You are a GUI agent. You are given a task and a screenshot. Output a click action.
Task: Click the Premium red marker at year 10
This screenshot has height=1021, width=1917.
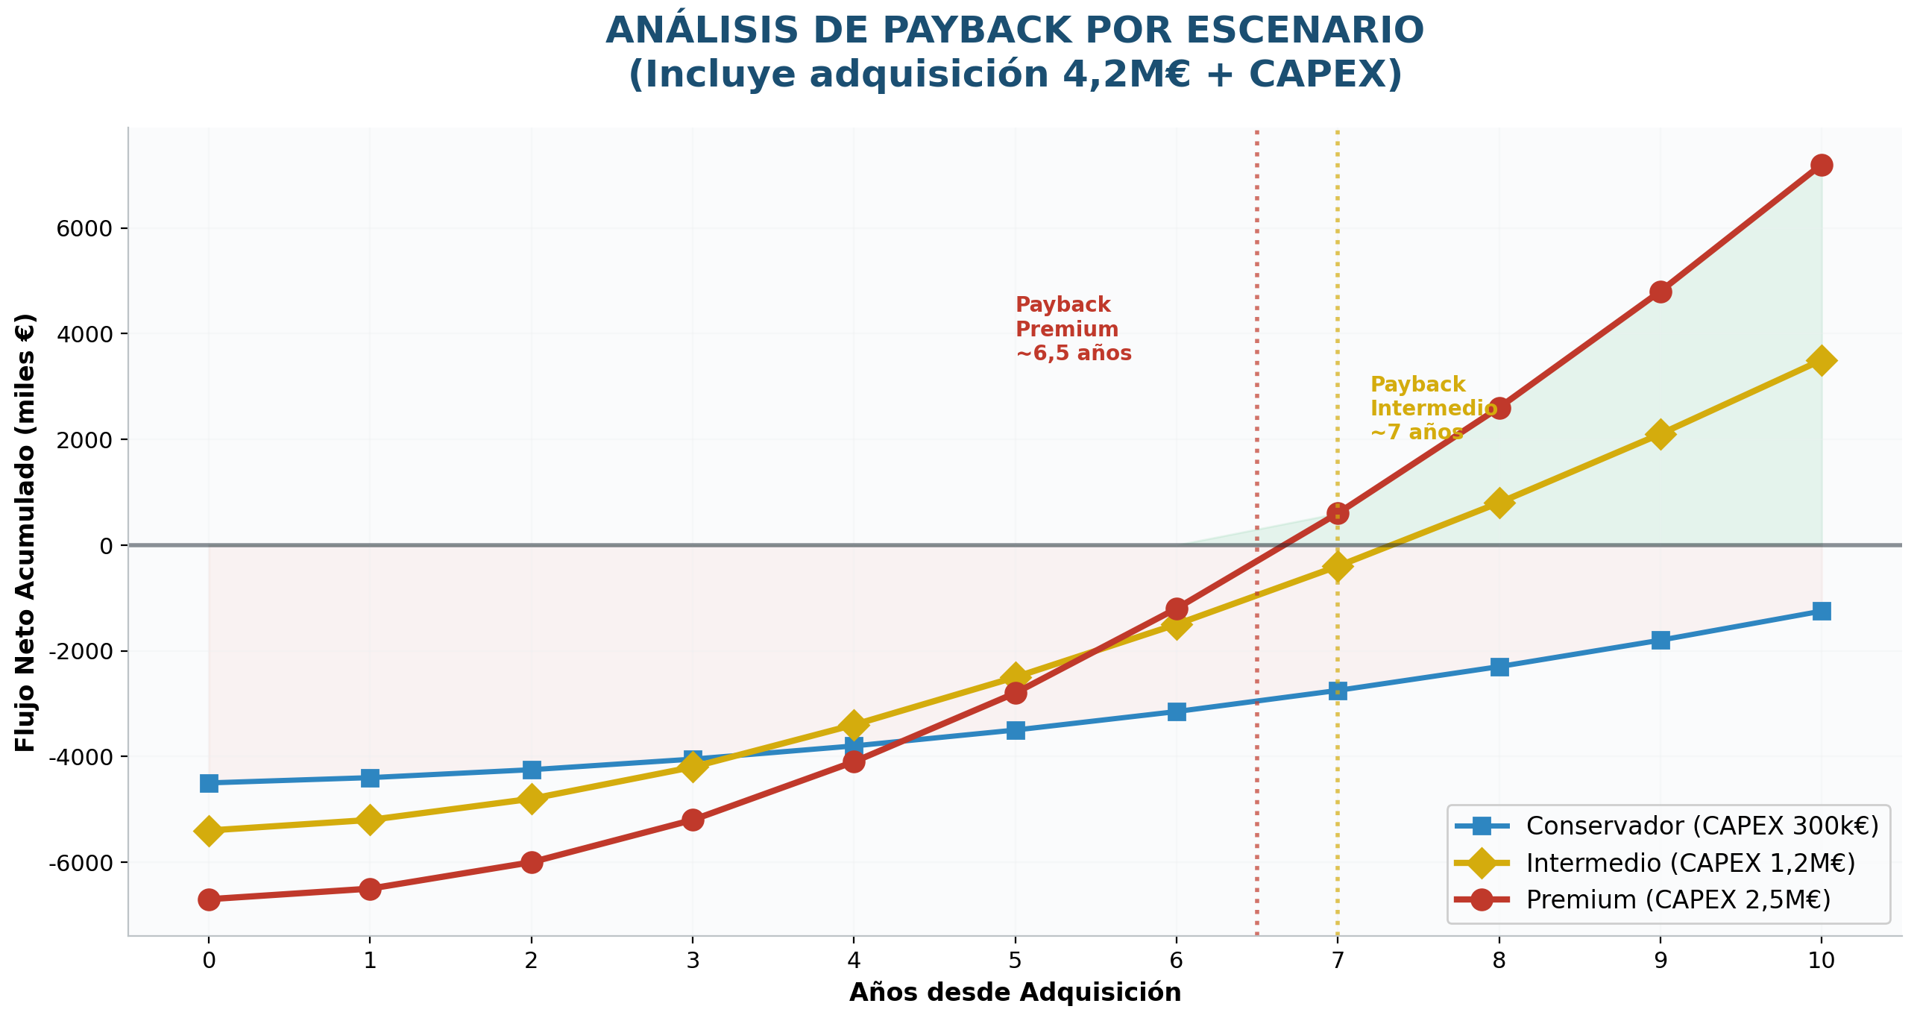1821,165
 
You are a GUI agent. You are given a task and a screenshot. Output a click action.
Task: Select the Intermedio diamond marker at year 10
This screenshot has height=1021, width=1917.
1821,361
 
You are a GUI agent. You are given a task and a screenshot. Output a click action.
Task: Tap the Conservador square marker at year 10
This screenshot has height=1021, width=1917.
1821,612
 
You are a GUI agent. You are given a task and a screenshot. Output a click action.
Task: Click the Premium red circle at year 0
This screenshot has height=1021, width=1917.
209,899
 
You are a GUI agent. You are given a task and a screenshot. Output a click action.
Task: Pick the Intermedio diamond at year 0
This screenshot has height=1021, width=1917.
209,831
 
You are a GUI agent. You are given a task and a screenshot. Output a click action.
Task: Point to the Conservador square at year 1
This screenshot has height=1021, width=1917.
370,778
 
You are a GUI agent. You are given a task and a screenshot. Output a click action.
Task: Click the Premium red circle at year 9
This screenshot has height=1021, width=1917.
1660,292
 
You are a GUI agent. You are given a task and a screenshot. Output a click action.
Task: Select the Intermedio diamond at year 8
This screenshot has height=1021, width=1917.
1499,503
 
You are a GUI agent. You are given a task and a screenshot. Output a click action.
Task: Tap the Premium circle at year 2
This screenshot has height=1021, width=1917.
531,862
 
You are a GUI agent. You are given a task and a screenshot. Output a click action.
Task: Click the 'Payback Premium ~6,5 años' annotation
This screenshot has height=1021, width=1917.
1072,329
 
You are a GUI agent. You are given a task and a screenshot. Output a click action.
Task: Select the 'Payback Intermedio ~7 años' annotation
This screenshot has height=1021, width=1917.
1432,408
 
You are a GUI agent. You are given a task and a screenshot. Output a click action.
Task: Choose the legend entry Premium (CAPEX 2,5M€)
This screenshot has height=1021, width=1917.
1678,899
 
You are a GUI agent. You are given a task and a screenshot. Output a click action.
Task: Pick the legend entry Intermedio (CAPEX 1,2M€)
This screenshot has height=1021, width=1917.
1690,863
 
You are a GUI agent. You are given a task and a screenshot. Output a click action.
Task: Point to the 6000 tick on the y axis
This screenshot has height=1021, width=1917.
84,228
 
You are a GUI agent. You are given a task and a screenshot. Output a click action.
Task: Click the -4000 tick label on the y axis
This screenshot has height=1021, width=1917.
79,757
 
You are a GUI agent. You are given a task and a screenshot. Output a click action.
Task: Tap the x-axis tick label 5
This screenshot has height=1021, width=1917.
1015,961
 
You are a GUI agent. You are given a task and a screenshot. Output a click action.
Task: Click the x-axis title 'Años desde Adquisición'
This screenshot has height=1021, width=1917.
1015,993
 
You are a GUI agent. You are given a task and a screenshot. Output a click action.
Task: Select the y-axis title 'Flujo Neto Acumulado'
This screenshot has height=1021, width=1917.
25,533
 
